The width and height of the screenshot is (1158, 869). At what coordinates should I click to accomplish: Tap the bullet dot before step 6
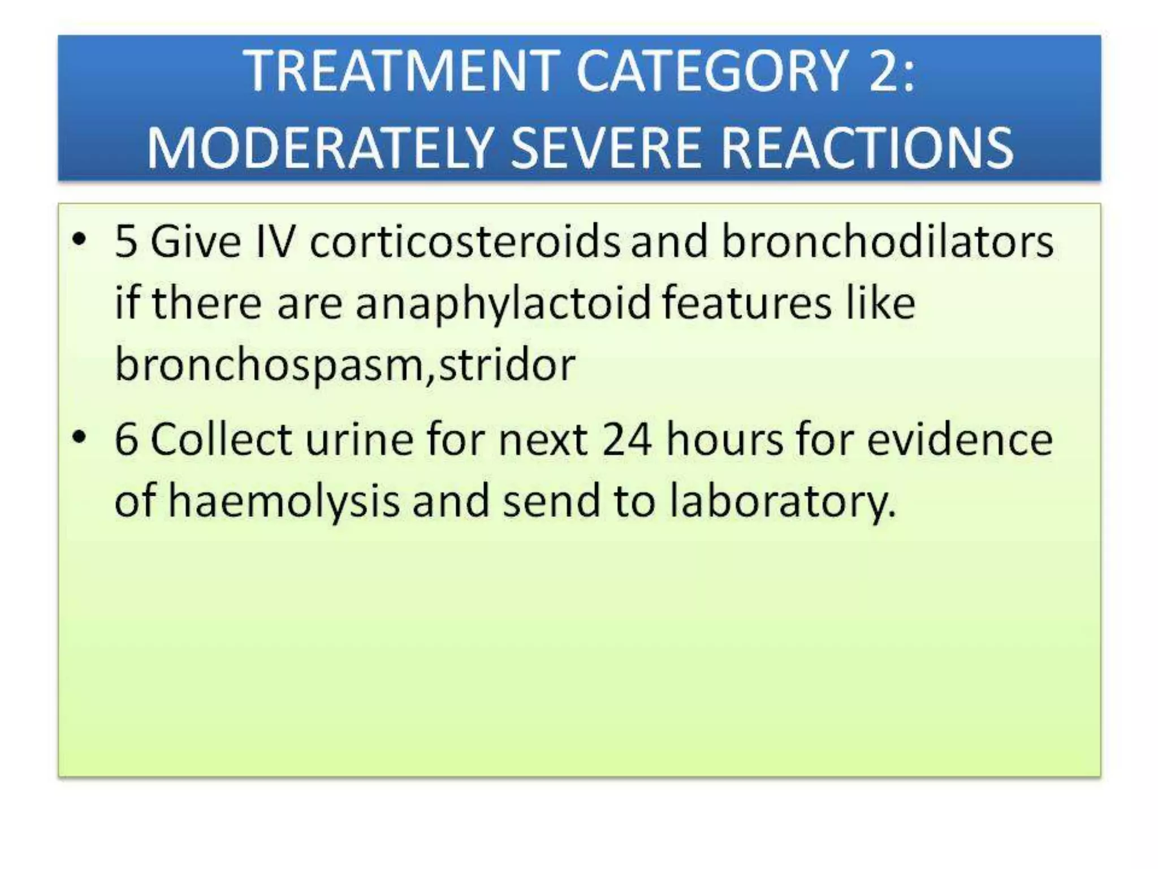pos(80,437)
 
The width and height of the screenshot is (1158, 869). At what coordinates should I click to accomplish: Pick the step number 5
pos(126,242)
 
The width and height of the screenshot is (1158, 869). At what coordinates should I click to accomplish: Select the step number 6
pos(126,440)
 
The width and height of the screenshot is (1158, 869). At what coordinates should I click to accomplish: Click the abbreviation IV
pos(275,242)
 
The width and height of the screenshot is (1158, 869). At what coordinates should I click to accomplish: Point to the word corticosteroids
pos(464,242)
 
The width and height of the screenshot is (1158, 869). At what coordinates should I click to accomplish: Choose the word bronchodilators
pos(887,242)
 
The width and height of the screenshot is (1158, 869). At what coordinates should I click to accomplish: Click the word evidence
pos(960,440)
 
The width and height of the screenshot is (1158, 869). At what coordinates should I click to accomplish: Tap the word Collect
pos(221,440)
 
